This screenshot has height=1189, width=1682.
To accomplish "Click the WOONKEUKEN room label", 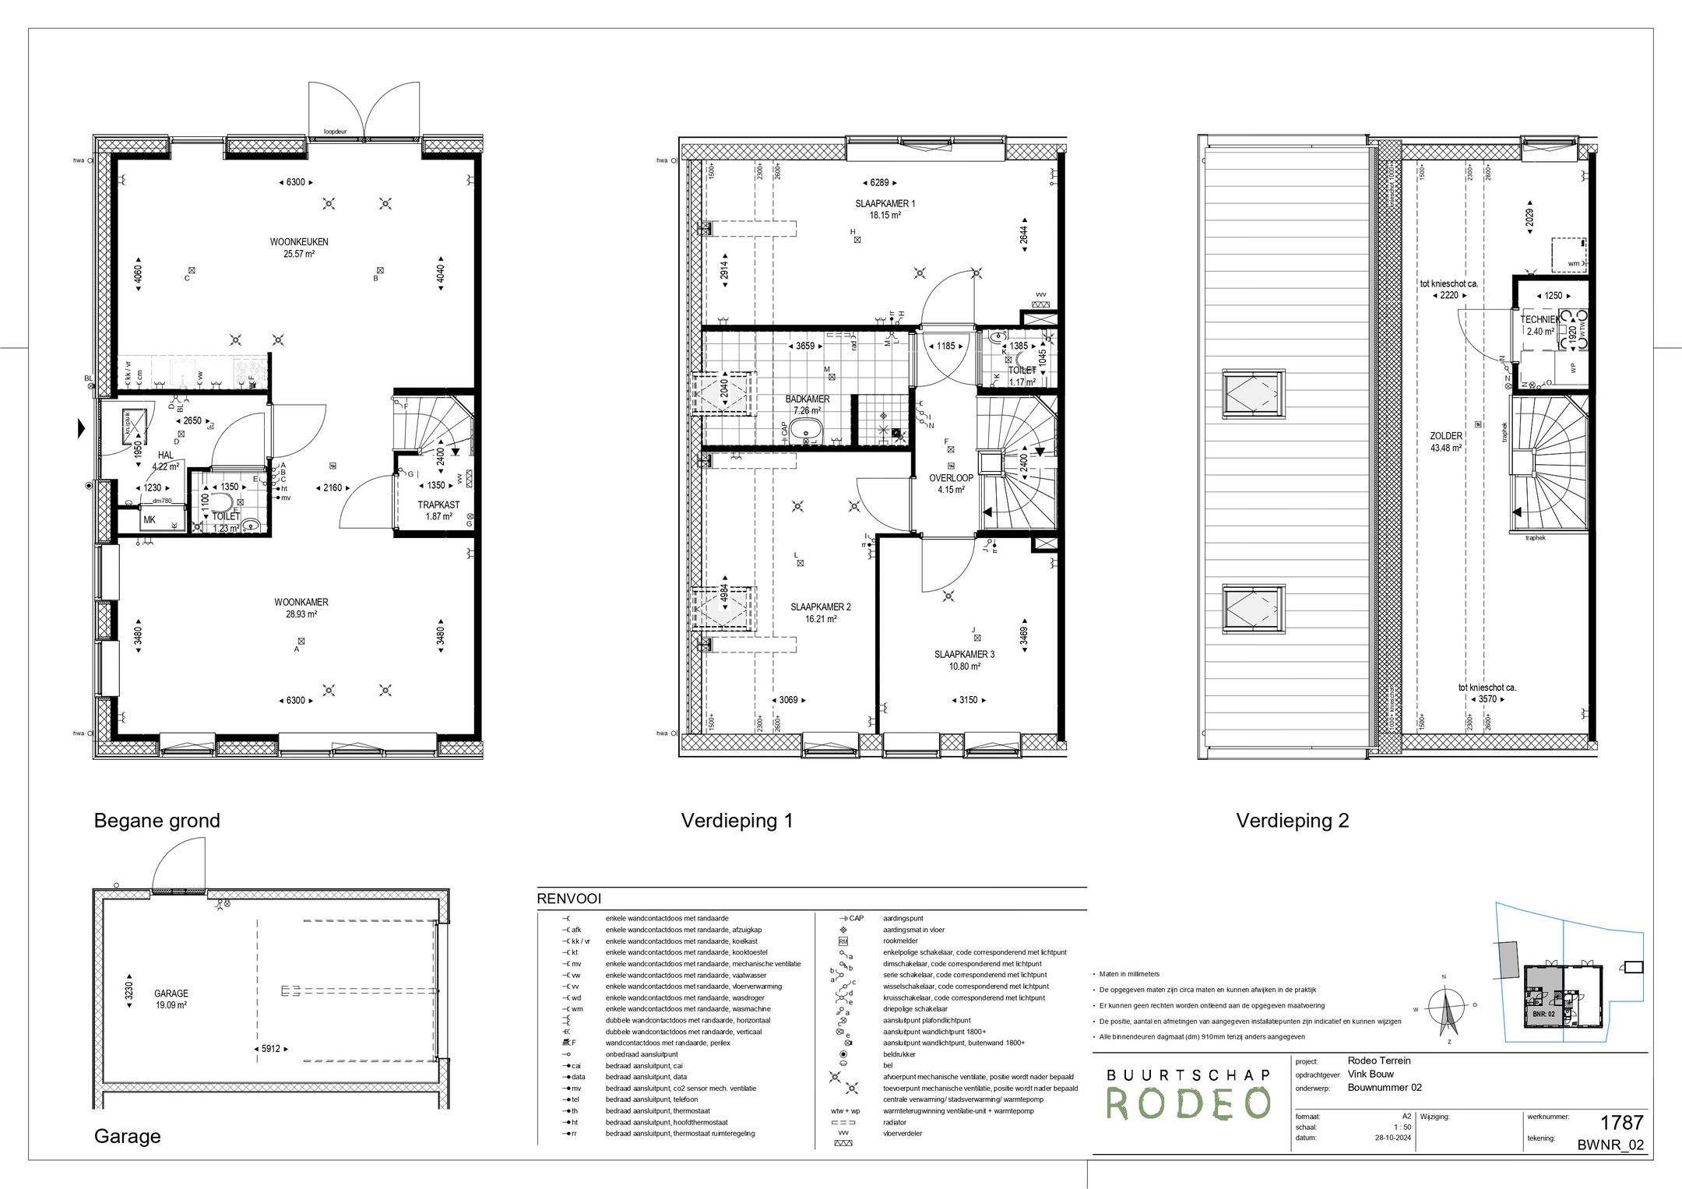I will [x=299, y=242].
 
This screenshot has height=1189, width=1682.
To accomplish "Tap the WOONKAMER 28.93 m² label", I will [x=301, y=602].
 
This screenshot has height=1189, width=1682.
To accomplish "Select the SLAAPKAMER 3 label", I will [x=964, y=655].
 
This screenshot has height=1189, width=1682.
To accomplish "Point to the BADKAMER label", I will [x=807, y=399].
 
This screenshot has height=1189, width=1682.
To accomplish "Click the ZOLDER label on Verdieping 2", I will [x=1445, y=437].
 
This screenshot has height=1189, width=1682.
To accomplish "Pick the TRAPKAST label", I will [x=438, y=505].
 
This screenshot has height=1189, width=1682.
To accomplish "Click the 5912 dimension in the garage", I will [x=270, y=1049].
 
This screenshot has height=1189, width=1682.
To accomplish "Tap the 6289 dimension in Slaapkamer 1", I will [x=878, y=183].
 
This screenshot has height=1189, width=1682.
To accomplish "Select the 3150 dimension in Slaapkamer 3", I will [x=968, y=700].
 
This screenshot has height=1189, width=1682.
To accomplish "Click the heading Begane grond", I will [x=157, y=821].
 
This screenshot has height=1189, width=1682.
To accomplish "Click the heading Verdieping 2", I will [x=1292, y=821].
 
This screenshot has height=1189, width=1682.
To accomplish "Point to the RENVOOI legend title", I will [x=568, y=899].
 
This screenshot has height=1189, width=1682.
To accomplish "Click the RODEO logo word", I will [x=1188, y=1103].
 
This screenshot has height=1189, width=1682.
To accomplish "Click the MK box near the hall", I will [x=150, y=519].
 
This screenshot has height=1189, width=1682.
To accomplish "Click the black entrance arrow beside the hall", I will [x=81, y=428].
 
